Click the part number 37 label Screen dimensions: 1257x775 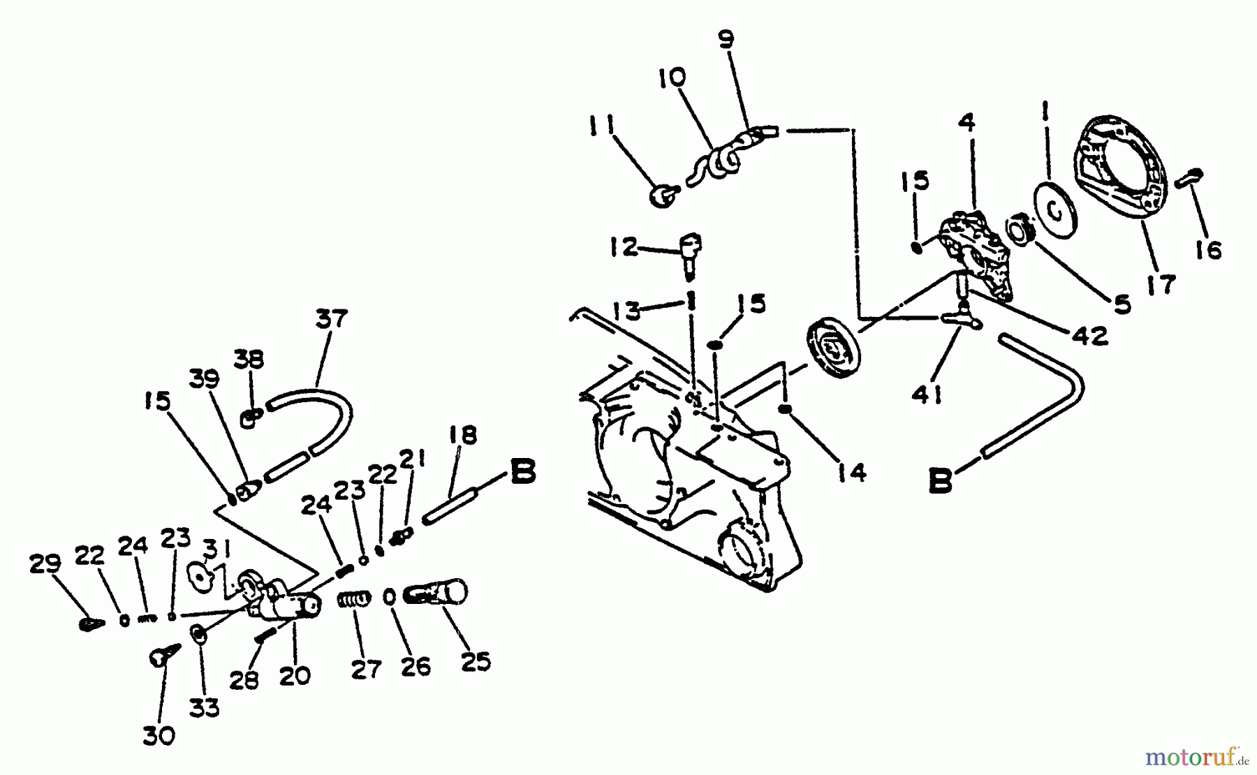click(x=331, y=320)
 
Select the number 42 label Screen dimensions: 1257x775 click(x=1089, y=336)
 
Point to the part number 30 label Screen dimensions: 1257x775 click(x=159, y=735)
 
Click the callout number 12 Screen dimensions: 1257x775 click(x=624, y=248)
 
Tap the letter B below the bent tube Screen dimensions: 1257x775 click(x=941, y=481)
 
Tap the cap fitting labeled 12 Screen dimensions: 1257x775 click(x=691, y=253)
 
